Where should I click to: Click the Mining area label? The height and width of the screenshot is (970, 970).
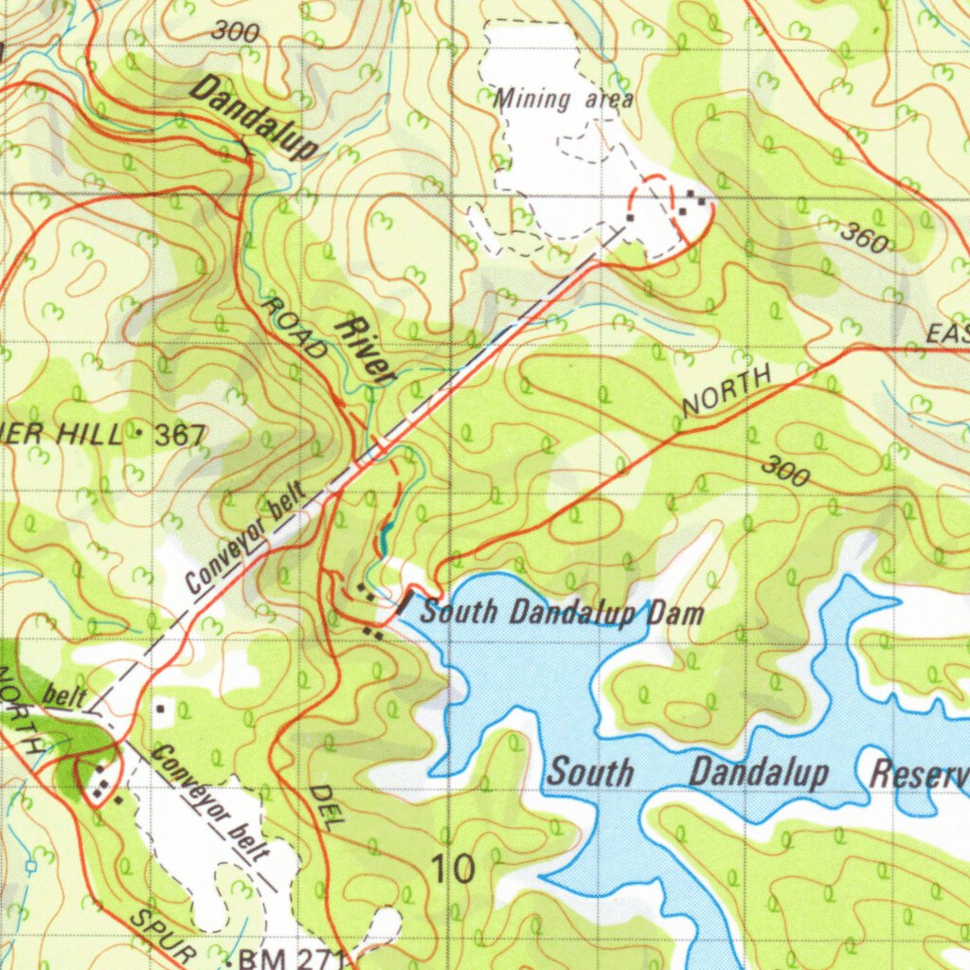pos(564,98)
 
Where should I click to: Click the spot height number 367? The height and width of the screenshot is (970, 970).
pos(180,436)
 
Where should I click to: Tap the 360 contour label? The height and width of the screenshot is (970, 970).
pos(864,238)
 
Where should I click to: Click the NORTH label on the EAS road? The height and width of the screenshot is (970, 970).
pos(727,392)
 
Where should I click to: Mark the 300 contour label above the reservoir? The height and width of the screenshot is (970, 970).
pos(787,471)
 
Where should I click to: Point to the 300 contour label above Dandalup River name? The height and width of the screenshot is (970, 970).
pos(235,31)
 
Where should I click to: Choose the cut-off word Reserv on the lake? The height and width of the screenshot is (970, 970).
pos(919,774)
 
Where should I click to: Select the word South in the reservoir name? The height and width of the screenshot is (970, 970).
pos(591,771)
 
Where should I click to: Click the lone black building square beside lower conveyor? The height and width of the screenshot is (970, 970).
pos(160,708)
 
